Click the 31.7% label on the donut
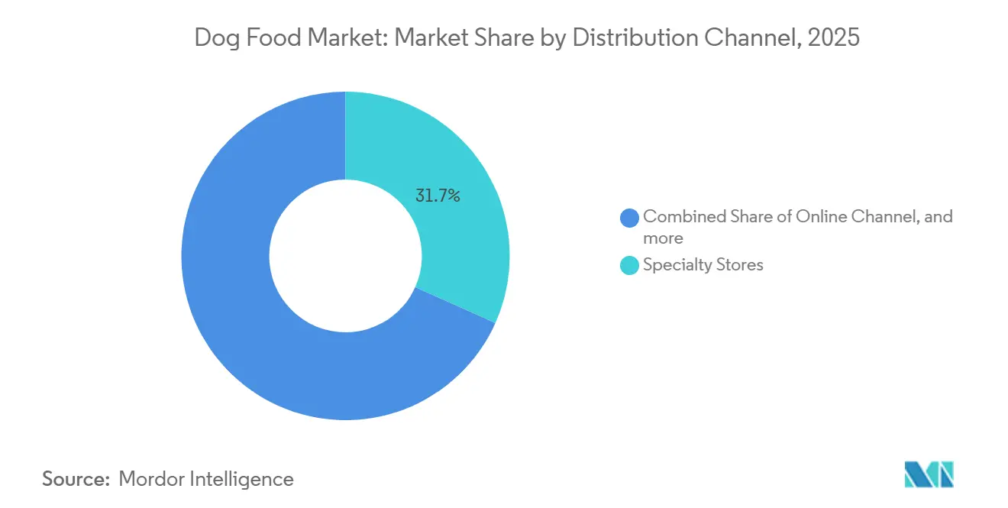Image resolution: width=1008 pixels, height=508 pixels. pyautogui.click(x=438, y=196)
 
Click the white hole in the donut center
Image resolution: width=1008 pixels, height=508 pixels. pyautogui.click(x=345, y=256)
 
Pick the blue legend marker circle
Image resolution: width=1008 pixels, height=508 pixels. pyautogui.click(x=629, y=218)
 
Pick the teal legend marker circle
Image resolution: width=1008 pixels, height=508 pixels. pyautogui.click(x=629, y=266)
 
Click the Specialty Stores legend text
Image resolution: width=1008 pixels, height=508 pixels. pyautogui.click(x=703, y=265)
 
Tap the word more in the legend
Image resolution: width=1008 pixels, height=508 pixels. pyautogui.click(x=663, y=238)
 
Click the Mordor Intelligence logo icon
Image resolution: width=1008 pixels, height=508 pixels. pyautogui.click(x=929, y=474)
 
